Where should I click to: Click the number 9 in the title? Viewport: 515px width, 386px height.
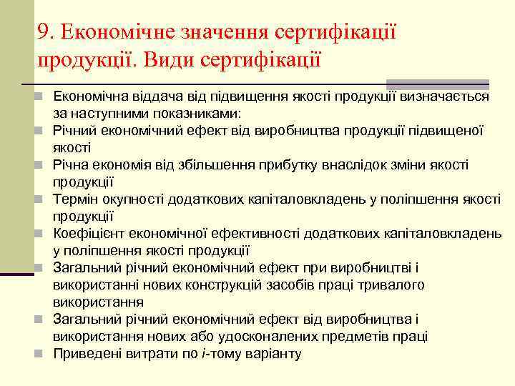pos(44,31)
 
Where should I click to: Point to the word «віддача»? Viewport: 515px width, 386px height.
pos(146,96)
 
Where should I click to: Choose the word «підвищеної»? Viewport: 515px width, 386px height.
pos(447,131)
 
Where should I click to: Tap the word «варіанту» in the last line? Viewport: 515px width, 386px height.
pos(274,353)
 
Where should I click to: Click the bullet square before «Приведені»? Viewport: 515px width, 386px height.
pos(44,353)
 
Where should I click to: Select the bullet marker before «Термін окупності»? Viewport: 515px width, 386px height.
pos(44,199)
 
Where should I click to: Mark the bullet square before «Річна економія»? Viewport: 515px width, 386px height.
pos(44,165)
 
